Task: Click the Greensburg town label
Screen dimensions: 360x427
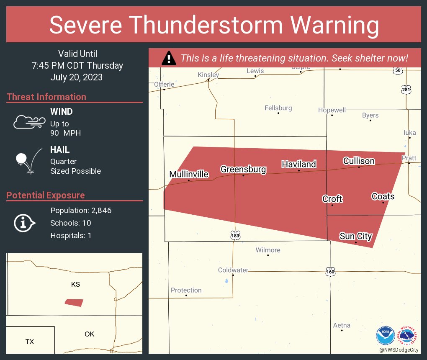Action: [x=243, y=169]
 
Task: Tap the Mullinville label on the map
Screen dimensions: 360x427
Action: [x=189, y=174]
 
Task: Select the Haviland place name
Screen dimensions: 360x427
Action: [x=298, y=164]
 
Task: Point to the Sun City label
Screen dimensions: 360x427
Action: [x=355, y=236]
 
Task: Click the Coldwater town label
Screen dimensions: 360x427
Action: [x=233, y=270]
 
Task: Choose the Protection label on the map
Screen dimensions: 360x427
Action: [x=186, y=290]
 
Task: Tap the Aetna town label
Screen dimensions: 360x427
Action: [x=342, y=325]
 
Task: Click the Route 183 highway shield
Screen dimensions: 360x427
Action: [x=235, y=236]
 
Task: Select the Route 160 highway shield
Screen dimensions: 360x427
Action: [x=330, y=271]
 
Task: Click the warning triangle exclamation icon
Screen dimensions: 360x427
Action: [x=169, y=58]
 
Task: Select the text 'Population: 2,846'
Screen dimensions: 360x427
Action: [x=81, y=211]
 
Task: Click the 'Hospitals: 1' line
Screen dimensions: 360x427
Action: [x=71, y=236]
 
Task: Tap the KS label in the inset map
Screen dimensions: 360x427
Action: [x=75, y=284]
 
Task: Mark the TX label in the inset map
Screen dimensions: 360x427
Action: [x=29, y=342]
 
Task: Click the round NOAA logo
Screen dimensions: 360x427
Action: [x=386, y=336]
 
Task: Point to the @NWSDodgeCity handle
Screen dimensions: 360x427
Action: [x=399, y=349]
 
